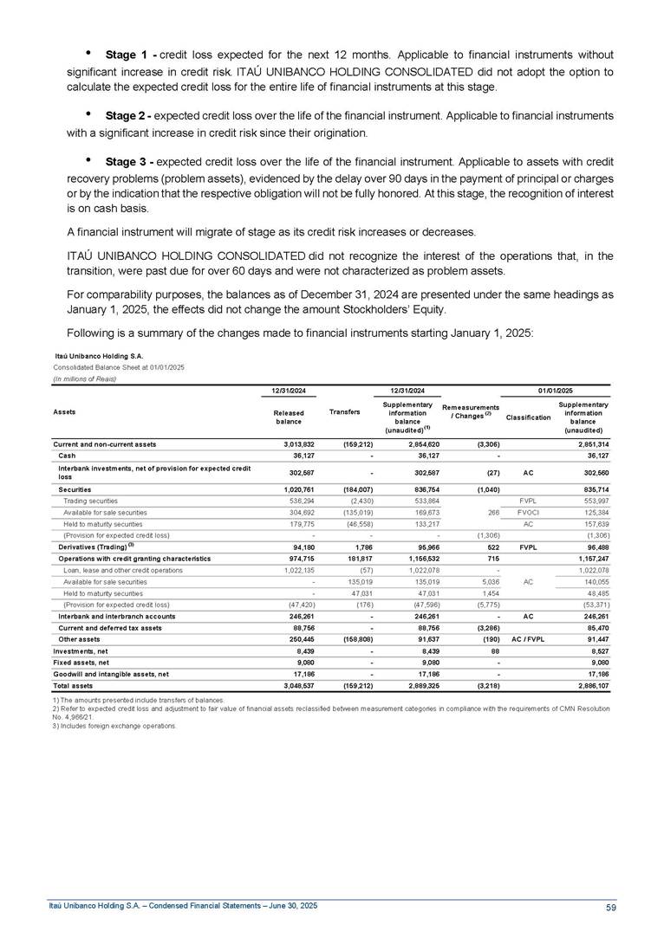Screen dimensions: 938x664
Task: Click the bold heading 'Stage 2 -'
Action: pyautogui.click(x=130, y=115)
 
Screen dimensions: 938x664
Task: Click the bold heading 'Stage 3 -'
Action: pyautogui.click(x=130, y=162)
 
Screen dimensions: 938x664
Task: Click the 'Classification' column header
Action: pyautogui.click(x=528, y=417)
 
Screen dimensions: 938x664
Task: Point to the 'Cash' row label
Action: pyautogui.click(x=66, y=456)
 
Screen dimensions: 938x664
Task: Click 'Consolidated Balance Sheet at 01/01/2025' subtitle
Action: pyautogui.click(x=120, y=367)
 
